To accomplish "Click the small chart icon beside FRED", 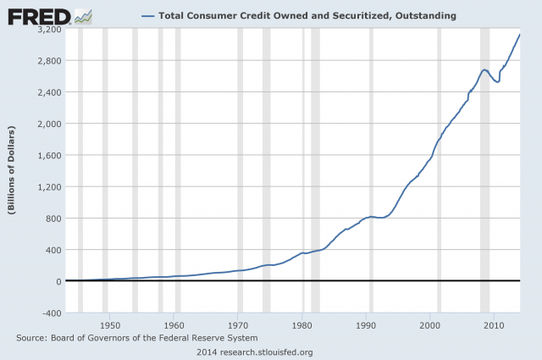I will tap(84, 15).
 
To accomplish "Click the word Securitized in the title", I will tap(337, 15).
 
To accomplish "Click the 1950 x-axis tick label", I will tap(110, 324).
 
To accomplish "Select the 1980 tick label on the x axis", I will tap(302, 324).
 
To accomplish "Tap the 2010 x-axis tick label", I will tap(494, 324).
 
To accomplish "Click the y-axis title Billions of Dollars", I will tap(13, 170).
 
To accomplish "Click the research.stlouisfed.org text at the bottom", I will tap(270, 351).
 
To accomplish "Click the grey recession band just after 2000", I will tap(439, 169).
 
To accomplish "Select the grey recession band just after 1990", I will tap(371, 169).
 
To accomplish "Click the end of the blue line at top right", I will tap(519, 35).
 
